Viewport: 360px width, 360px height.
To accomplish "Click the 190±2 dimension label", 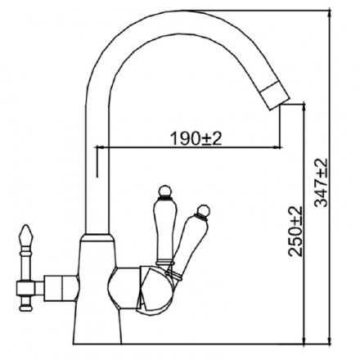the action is click(x=196, y=138).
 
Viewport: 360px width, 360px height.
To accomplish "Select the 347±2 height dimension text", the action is click(x=321, y=182).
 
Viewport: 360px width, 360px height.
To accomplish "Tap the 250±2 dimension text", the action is click(x=295, y=232).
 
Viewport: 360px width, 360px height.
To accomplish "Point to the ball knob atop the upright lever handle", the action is click(x=165, y=191).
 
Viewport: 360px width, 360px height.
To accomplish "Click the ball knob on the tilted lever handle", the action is click(x=204, y=210).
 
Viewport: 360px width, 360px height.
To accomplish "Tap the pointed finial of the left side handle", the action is click(x=25, y=234).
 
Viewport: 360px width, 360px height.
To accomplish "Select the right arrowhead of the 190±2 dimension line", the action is click(x=277, y=147).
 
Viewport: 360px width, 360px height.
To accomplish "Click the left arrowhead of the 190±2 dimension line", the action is click(x=98, y=147).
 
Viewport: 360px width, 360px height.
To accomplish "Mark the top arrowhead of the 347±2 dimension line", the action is click(x=330, y=14).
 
